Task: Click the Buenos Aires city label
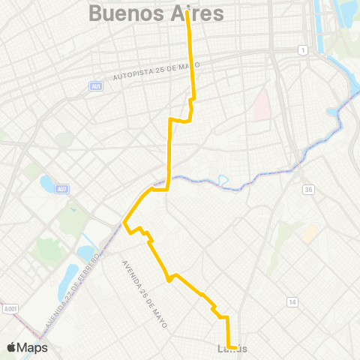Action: (156, 13)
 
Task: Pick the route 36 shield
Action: (308, 190)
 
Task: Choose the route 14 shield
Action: (291, 301)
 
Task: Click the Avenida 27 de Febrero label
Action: (73, 286)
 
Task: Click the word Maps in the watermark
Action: (34, 347)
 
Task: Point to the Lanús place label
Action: (232, 349)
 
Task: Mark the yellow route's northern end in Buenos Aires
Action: (187, 13)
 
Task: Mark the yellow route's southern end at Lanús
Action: (236, 348)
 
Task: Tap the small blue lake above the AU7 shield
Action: (46, 183)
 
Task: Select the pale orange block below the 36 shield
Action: (309, 234)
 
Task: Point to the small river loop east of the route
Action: (222, 179)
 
